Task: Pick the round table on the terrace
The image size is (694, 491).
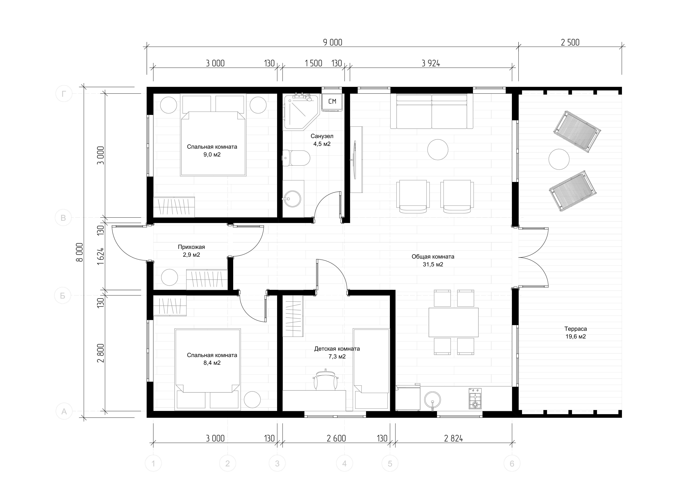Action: point(559,159)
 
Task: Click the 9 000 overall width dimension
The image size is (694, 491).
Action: point(333,42)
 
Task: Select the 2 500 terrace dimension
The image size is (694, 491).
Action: point(570,42)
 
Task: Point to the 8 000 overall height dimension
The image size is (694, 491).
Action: point(79,252)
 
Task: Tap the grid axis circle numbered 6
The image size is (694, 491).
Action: point(512,463)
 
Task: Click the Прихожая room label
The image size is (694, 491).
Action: point(191,247)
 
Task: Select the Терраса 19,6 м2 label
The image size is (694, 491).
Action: point(576,333)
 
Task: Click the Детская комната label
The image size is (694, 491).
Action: point(337,349)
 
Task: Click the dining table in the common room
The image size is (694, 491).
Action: point(453,322)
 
